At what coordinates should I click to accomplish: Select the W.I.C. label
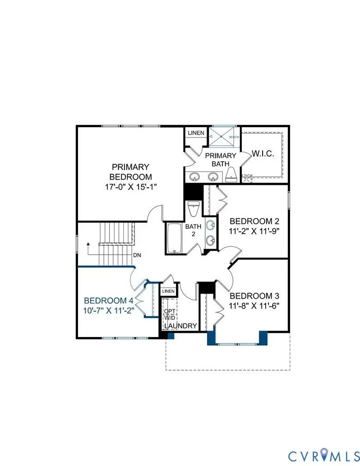click(x=262, y=154)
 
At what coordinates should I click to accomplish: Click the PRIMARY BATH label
click(x=220, y=159)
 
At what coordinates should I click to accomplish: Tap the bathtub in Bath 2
click(x=175, y=239)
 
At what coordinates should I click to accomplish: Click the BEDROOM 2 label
click(x=254, y=221)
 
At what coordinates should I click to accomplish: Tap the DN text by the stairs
click(x=137, y=255)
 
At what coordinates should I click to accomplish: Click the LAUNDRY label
click(x=181, y=326)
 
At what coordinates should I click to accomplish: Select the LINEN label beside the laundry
click(x=168, y=291)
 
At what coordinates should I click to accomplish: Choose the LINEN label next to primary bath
click(x=196, y=133)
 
